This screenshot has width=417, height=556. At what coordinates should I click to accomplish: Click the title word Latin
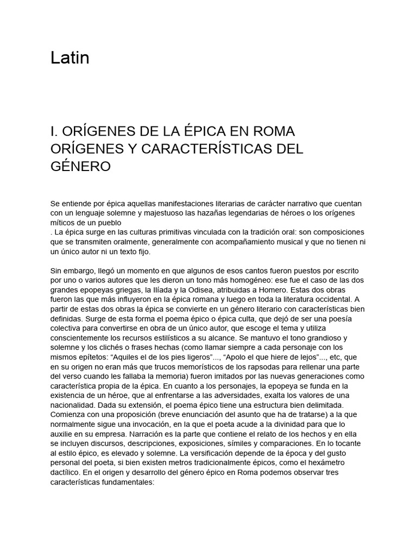(70, 58)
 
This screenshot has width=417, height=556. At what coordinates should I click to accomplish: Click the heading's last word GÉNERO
(80, 166)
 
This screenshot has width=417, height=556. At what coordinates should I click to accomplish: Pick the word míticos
(64, 222)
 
